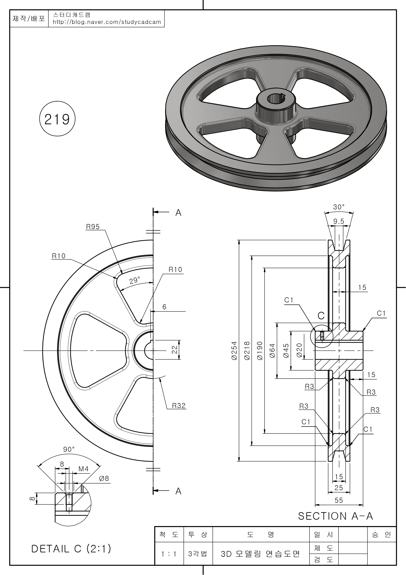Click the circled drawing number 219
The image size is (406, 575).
pos(57,119)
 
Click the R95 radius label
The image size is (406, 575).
pos(93,227)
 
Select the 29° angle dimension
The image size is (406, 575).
pos(135,280)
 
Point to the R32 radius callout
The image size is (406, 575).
pos(179,406)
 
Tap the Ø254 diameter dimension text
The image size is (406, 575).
pos(234,351)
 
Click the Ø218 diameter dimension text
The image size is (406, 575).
pos(247,351)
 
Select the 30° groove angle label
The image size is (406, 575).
pos(339,207)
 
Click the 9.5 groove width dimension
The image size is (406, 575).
pos(339,221)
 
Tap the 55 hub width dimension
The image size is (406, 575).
pos(339,500)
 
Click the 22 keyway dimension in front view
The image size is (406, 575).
pos(174,350)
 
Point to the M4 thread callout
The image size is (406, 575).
pos(84,469)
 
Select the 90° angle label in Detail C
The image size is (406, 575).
pos(69,449)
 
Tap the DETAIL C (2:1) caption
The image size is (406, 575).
pos(71,549)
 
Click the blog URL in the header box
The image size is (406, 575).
pos(107,22)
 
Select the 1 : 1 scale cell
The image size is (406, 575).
pos(169,554)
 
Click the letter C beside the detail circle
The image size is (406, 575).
pos(321,316)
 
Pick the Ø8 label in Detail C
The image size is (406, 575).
pos(104,479)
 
